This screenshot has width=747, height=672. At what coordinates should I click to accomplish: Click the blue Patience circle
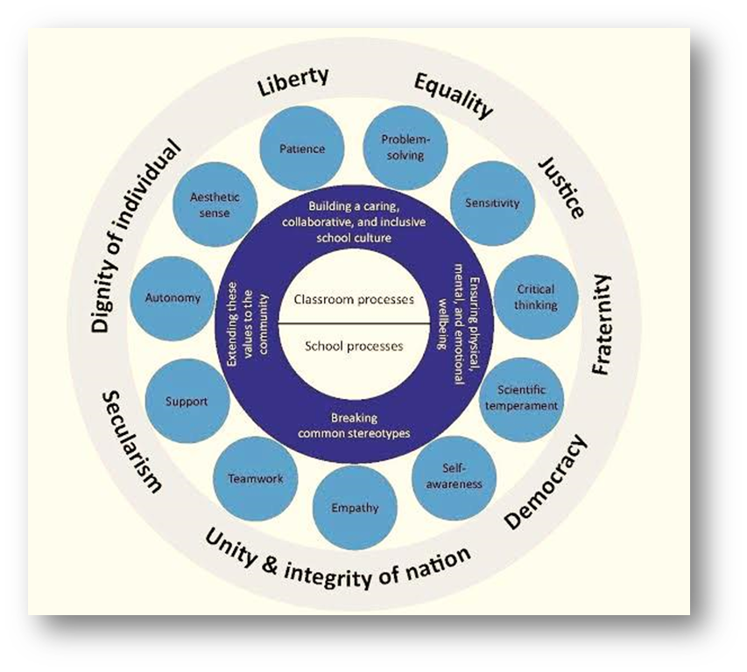(302, 150)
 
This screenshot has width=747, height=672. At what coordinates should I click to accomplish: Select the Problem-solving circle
(403, 147)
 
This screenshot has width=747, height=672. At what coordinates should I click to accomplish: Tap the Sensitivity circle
(491, 203)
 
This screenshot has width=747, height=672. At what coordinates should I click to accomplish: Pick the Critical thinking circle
(535, 297)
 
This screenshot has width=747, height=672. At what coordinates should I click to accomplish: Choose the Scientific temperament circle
(521, 398)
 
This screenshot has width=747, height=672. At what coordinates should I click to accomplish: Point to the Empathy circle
(355, 507)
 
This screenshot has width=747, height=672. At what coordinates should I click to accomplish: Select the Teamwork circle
(255, 479)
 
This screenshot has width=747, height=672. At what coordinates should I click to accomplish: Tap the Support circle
(187, 402)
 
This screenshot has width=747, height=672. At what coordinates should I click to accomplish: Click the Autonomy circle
(172, 297)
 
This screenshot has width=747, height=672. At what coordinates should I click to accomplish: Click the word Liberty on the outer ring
(292, 81)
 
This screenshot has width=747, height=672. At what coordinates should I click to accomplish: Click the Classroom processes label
(355, 299)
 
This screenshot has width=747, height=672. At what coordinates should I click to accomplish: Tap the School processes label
(355, 346)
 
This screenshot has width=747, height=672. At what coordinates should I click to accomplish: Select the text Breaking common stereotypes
(355, 425)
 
